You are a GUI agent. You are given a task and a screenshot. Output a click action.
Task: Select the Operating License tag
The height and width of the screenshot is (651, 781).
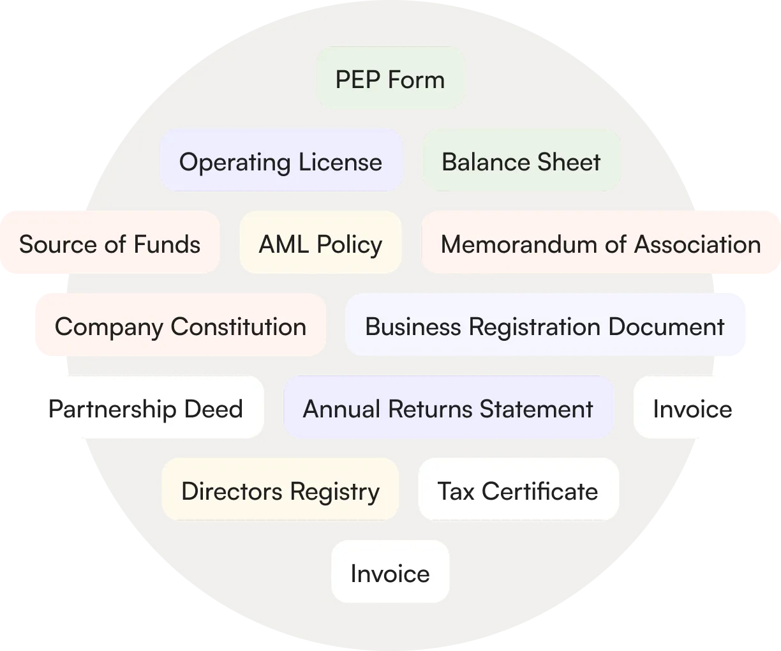[281, 161]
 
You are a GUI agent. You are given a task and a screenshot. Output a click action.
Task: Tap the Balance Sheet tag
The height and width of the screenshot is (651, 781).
[521, 161]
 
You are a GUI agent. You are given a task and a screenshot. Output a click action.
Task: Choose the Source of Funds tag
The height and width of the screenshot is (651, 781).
[110, 243]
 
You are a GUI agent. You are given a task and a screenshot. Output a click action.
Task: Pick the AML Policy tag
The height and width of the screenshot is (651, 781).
[320, 243]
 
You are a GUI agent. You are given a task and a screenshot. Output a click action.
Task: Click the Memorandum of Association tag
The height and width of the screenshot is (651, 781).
[600, 243]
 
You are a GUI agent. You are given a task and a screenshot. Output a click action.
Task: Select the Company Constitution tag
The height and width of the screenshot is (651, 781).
[179, 325]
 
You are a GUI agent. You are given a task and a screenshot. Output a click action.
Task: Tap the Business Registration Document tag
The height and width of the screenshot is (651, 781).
[546, 325]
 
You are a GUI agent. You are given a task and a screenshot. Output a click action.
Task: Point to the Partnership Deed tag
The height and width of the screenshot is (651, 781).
[145, 408]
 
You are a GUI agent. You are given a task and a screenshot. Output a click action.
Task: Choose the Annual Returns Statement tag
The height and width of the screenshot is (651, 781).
[448, 408]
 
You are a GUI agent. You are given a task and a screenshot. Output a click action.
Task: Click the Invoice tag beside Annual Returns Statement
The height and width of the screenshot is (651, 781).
[693, 408]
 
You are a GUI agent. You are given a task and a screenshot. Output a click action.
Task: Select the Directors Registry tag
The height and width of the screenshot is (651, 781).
[280, 490]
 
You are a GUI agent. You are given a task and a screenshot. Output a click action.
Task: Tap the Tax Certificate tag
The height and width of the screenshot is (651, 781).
[517, 490]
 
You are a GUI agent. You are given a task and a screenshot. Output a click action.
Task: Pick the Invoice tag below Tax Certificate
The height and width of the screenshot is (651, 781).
[390, 572]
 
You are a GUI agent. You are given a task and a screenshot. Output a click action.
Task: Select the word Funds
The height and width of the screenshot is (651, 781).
[167, 244]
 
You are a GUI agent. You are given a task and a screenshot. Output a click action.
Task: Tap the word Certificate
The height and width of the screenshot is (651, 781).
[540, 491]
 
